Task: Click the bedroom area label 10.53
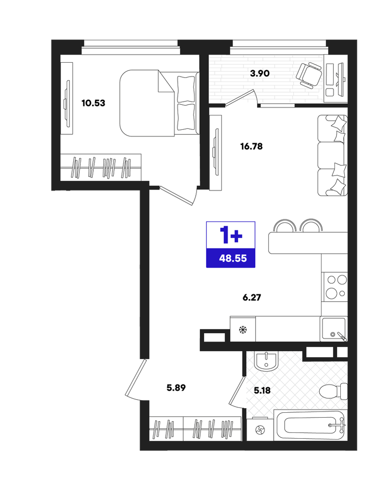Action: [93, 103]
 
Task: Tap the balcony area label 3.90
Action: [260, 73]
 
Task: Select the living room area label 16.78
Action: [251, 146]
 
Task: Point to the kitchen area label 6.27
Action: [252, 298]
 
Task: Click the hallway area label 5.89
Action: [176, 388]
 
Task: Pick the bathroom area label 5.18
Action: [262, 391]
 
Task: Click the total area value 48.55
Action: [233, 258]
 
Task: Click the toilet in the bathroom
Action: [333, 392]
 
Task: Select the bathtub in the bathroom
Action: [310, 425]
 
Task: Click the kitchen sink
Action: [334, 329]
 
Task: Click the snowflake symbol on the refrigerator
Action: [243, 330]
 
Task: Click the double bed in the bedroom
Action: [159, 103]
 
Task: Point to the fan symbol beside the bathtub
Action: [260, 430]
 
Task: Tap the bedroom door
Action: [177, 195]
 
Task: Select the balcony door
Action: [240, 98]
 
